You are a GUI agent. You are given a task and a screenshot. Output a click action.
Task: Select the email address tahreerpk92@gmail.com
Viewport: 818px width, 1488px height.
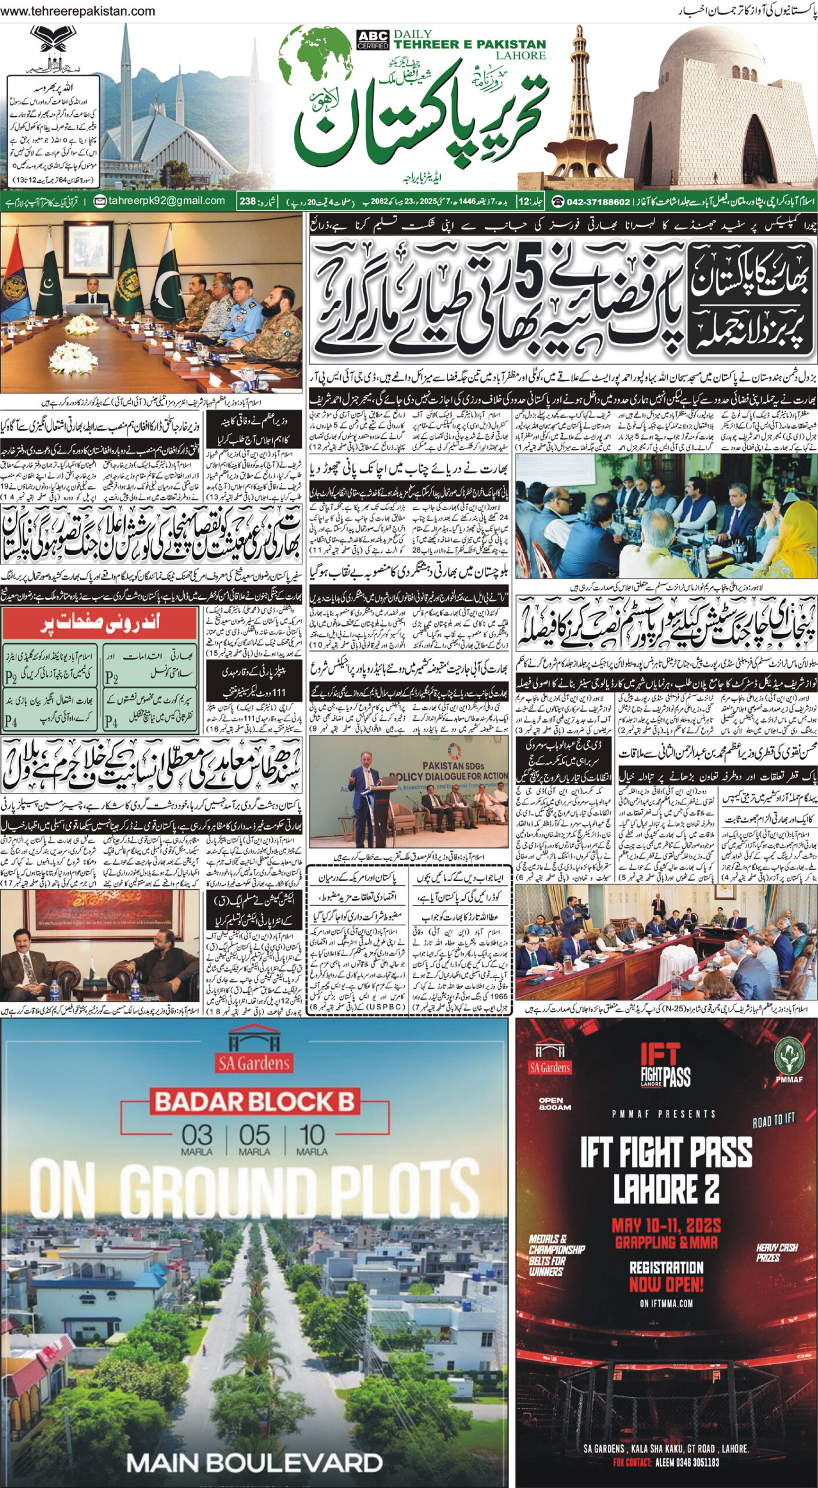point(160,201)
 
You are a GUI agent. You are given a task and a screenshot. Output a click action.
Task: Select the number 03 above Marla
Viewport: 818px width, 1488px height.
point(197,1135)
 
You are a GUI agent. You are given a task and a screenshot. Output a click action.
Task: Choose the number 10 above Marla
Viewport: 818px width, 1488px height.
point(312,1135)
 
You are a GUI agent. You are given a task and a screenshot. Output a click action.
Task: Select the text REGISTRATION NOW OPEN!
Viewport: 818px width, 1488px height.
point(666,1276)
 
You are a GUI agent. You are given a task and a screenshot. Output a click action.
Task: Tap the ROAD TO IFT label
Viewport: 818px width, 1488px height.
point(773,1119)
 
